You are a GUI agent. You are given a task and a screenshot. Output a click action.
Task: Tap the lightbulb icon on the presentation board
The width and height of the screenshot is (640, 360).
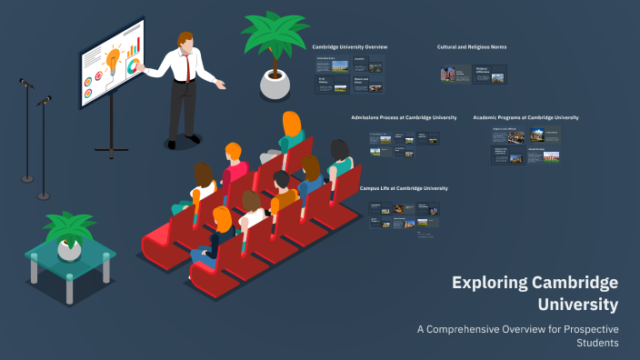(113, 59)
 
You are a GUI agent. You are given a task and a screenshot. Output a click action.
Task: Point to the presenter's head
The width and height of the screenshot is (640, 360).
(185, 41)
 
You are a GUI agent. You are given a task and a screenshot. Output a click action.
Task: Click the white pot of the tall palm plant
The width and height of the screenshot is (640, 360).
(274, 84)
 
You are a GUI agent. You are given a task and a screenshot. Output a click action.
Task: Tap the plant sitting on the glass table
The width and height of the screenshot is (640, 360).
(69, 233)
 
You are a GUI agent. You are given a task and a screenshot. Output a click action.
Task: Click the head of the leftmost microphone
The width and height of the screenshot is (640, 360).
(25, 83)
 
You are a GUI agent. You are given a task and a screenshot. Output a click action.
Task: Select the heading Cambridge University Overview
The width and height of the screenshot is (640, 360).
(350, 45)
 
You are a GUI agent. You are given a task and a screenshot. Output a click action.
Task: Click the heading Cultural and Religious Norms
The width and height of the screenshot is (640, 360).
(474, 45)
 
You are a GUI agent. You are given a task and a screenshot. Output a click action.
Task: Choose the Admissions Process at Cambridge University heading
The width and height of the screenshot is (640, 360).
(404, 117)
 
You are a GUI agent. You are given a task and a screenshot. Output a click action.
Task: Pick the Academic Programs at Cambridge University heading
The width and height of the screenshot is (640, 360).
(525, 117)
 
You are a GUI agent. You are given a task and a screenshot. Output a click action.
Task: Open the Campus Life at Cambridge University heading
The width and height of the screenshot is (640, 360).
(404, 188)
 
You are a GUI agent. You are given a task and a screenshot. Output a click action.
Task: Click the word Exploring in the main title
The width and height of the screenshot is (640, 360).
(488, 282)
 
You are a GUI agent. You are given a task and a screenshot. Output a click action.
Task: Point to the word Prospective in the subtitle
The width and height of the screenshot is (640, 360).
(582, 328)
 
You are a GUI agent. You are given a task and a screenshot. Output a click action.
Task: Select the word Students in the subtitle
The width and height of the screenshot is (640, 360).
(597, 343)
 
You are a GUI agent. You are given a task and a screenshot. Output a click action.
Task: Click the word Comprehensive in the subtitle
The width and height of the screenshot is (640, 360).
(471, 328)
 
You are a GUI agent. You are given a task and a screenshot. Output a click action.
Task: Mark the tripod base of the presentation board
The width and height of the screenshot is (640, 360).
(112, 145)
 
